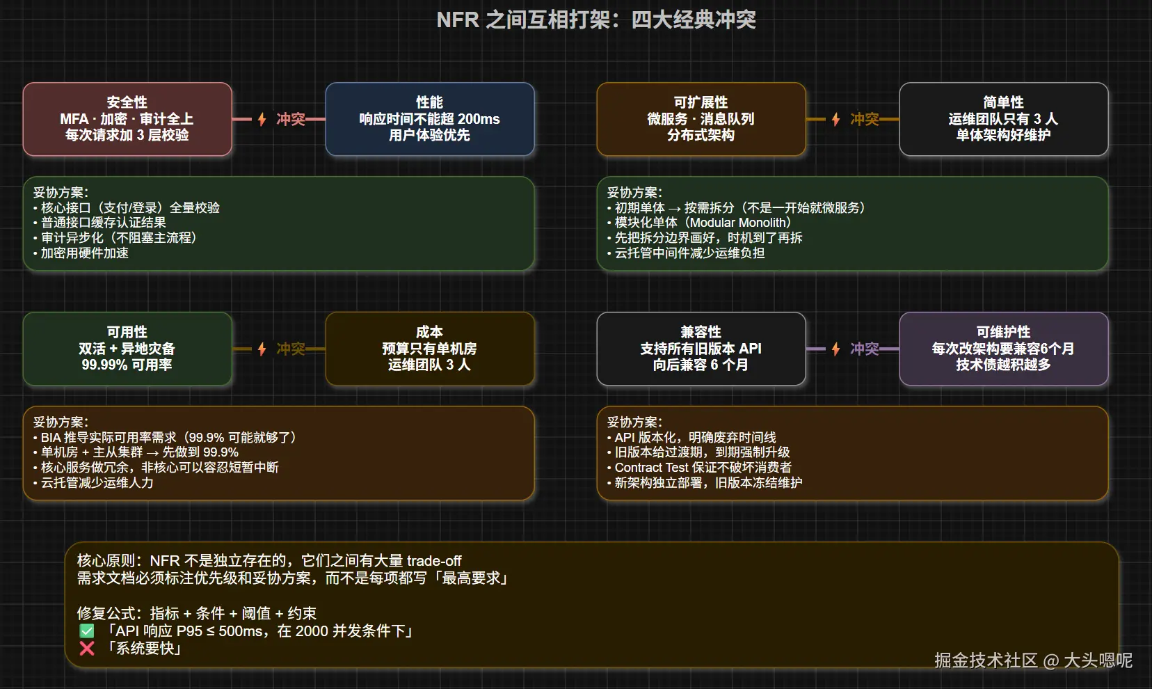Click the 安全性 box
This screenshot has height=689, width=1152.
point(127,119)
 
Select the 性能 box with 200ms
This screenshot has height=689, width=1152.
point(430,119)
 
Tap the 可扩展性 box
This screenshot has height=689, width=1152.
point(701,119)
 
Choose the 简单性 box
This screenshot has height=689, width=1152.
point(1003,119)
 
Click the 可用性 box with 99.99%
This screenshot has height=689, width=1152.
point(127,349)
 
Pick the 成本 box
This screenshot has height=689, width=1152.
point(430,349)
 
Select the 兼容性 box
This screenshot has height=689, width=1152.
point(701,349)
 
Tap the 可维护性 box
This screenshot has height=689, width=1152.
point(1003,349)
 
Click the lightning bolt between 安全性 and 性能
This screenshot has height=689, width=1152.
point(262,120)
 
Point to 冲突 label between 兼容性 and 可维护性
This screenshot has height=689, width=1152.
point(865,349)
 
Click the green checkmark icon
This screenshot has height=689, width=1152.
point(87,631)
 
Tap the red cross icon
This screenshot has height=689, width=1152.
point(87,649)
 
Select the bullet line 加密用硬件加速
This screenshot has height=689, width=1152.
point(81,253)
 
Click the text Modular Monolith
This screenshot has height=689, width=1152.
point(739,222)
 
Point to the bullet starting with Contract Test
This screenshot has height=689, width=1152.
point(699,467)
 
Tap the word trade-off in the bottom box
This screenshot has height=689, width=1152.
point(434,560)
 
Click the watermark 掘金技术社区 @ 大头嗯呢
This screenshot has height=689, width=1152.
point(1033,660)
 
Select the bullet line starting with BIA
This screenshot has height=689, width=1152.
point(165,437)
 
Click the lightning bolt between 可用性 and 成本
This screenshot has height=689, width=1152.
point(262,349)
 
